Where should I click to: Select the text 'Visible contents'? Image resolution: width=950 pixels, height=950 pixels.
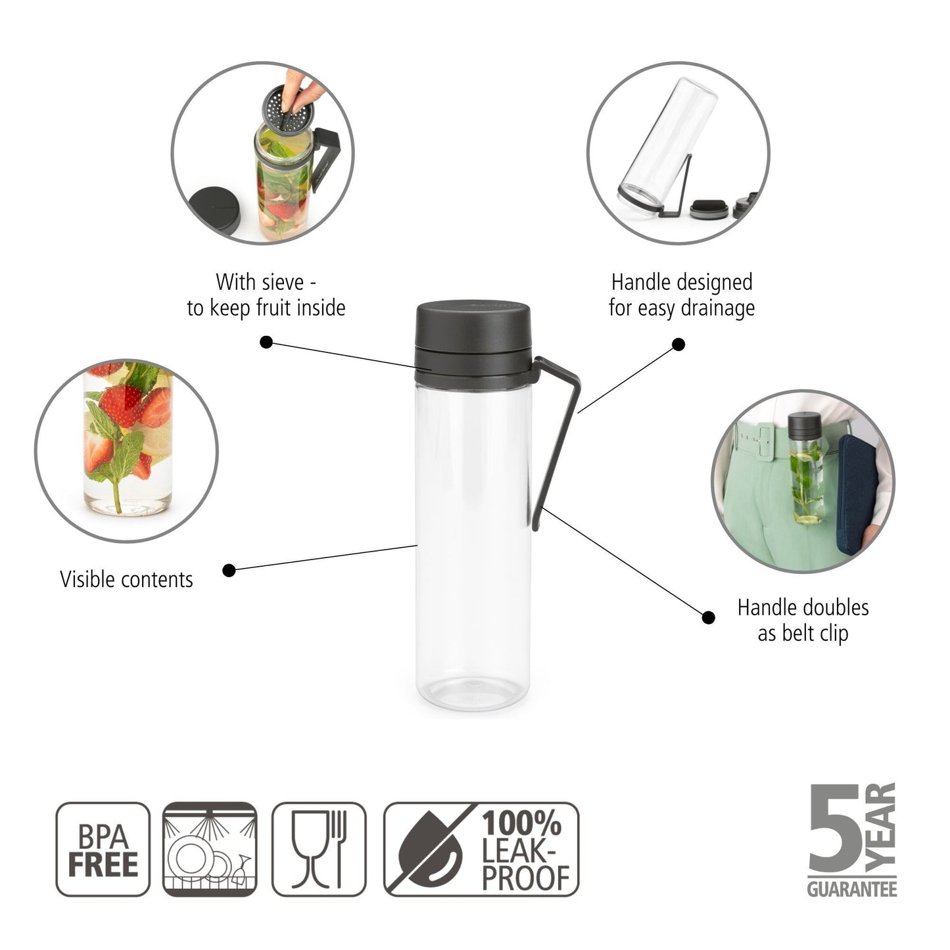click(x=127, y=579)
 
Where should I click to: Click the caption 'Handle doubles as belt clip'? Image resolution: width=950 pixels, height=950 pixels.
click(x=803, y=620)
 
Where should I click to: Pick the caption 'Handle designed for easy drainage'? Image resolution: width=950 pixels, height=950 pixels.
click(x=682, y=295)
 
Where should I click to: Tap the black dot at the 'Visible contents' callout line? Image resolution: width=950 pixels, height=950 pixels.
click(x=229, y=570)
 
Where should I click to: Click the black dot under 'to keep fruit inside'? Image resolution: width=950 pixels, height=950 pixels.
click(x=266, y=342)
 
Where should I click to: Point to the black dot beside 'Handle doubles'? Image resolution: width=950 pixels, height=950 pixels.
click(x=708, y=617)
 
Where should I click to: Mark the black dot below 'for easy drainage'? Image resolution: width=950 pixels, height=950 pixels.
click(x=679, y=344)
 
